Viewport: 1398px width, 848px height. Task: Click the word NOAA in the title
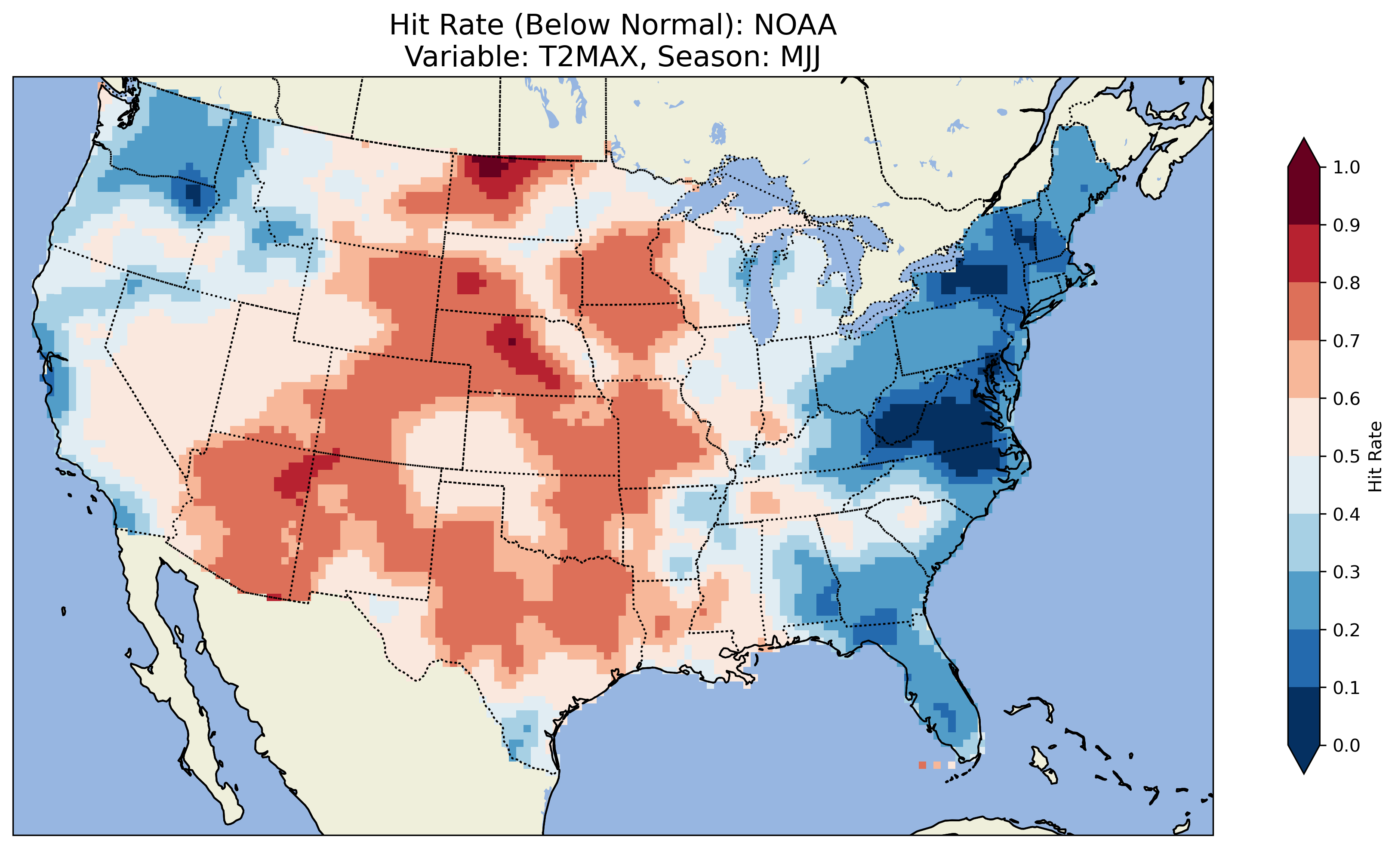pos(794,25)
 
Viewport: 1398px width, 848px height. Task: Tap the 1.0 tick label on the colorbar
pos(1346,167)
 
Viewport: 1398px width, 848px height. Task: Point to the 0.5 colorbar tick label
pos(1346,456)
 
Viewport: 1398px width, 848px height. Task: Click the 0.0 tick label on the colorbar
pos(1346,745)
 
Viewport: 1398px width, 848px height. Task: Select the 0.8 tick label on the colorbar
pos(1346,283)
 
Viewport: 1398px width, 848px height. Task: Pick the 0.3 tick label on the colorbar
pos(1346,572)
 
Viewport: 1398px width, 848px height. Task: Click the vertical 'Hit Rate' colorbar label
pos(1375,456)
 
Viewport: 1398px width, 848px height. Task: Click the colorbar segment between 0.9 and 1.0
pos(1304,196)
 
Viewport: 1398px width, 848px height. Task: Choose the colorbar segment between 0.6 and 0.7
pos(1304,370)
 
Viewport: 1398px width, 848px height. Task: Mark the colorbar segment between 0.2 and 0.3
pos(1304,601)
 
